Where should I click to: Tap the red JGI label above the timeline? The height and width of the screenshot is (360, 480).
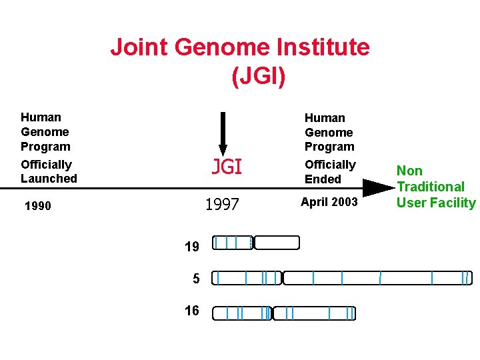(227, 167)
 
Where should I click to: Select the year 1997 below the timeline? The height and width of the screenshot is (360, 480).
(222, 205)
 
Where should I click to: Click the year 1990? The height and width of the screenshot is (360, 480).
(37, 206)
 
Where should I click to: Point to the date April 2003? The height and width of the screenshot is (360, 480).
(329, 201)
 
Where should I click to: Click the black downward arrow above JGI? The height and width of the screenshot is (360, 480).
(223, 133)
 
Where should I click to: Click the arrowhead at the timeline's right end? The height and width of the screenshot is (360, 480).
(379, 188)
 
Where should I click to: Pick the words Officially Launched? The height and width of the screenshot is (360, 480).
(49, 171)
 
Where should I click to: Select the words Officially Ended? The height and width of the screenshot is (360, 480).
(330, 172)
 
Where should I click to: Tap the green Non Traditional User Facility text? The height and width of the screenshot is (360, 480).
(436, 187)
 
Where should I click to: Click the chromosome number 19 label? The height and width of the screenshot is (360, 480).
(191, 247)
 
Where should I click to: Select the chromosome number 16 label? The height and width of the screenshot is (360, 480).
(191, 311)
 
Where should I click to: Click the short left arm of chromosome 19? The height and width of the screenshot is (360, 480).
(233, 243)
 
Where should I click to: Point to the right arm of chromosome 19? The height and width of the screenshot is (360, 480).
(277, 243)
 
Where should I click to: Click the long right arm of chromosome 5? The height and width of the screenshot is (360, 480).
(377, 277)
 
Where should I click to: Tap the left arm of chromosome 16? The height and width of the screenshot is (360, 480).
(241, 313)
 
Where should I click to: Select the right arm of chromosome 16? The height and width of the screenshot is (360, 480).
(314, 313)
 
